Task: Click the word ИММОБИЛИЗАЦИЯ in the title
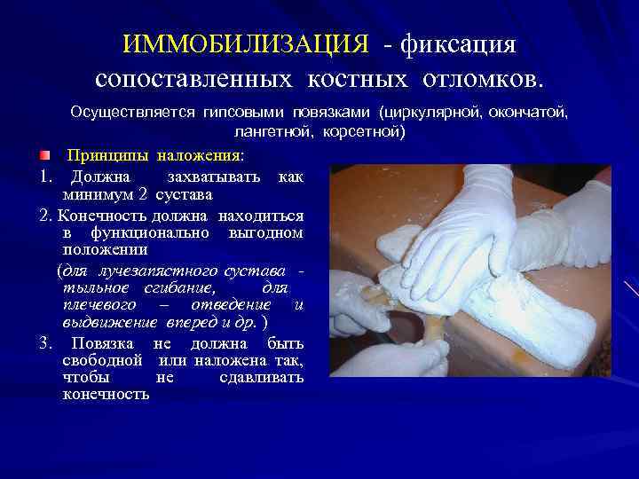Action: pos(245,44)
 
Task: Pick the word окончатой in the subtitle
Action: pos(532,114)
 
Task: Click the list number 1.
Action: pos(44,177)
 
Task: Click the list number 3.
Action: pos(44,342)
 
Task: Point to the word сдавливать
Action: pos(261,377)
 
